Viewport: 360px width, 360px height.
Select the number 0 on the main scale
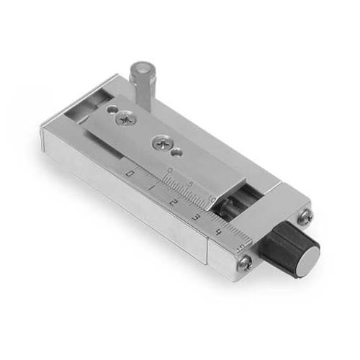[129, 174]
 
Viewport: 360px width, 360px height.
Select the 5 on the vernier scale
[189, 184]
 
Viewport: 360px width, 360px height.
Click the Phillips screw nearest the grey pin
[126, 117]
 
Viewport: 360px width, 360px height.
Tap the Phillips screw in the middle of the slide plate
[159, 142]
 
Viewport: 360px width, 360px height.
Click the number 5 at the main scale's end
[240, 246]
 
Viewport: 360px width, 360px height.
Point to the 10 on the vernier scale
[211, 197]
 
